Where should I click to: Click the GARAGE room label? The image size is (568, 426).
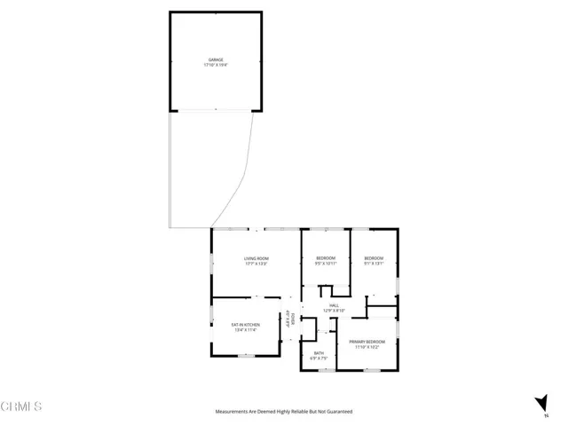click(216, 60)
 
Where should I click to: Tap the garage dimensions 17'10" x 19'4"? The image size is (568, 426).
click(216, 66)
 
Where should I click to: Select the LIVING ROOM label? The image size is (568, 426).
click(256, 258)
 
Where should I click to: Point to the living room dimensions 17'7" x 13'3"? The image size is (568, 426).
click(256, 264)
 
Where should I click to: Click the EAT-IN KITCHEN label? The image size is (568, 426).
click(244, 325)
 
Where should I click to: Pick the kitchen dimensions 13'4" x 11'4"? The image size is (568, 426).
click(244, 330)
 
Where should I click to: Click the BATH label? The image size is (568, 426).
click(319, 353)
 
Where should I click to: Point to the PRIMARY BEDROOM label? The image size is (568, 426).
click(367, 342)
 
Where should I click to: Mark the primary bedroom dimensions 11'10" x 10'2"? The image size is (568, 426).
click(367, 347)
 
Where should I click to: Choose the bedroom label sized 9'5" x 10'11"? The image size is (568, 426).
click(326, 258)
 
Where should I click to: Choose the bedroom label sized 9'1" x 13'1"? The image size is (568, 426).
click(374, 258)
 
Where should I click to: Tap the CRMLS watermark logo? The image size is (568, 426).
click(22, 407)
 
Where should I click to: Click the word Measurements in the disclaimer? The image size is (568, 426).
click(233, 412)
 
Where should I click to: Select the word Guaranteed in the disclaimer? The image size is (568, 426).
click(337, 412)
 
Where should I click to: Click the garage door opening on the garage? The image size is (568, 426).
click(216, 110)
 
